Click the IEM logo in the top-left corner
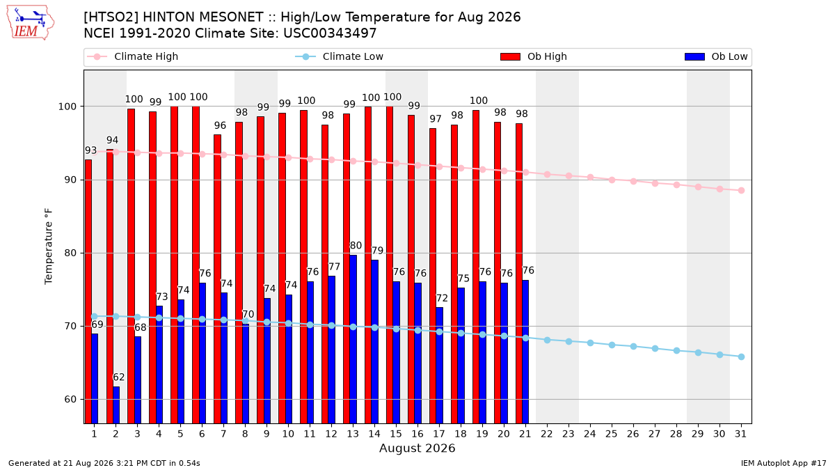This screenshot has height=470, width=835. pyautogui.click(x=30, y=23)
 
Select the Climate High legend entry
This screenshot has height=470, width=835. pyautogui.click(x=132, y=56)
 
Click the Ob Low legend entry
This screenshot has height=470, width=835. pyautogui.click(x=716, y=56)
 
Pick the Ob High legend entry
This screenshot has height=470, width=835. pyautogui.click(x=534, y=56)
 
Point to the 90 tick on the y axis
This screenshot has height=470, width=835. pyautogui.click(x=67, y=180)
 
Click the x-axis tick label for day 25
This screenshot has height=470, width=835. pyautogui.click(x=612, y=434)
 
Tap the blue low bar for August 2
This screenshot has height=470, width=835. pyautogui.click(x=116, y=405)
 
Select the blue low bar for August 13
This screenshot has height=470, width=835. pyautogui.click(x=353, y=339)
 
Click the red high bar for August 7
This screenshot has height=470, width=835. pyautogui.click(x=217, y=279)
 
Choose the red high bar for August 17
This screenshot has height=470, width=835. pyautogui.click(x=433, y=276)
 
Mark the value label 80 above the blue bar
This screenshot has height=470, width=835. pyautogui.click(x=356, y=245)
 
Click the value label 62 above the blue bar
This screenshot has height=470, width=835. pyautogui.click(x=118, y=377)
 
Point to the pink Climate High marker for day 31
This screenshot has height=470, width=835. pyautogui.click(x=742, y=190)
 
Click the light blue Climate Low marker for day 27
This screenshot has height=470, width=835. pyautogui.click(x=655, y=348)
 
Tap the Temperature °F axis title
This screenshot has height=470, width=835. pyautogui.click(x=49, y=246)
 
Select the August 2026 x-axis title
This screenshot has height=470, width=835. pyautogui.click(x=417, y=448)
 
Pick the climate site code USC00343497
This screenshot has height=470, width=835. pyautogui.click(x=330, y=33)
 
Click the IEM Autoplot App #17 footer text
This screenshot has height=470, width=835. pyautogui.click(x=784, y=463)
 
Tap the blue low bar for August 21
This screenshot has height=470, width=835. pyautogui.click(x=525, y=352)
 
